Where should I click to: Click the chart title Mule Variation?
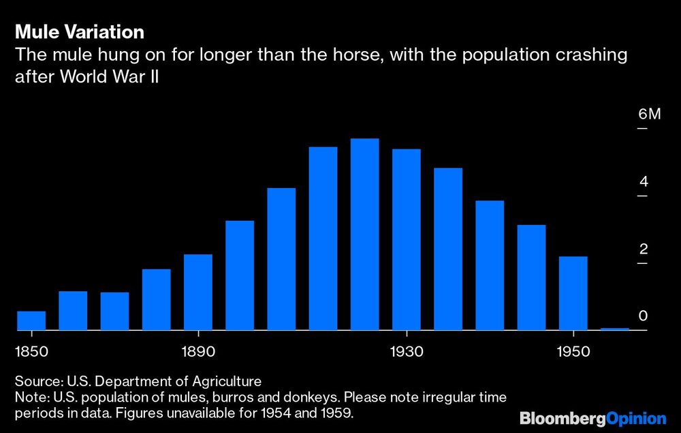(x=79, y=32)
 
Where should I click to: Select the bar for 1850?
(x=31, y=320)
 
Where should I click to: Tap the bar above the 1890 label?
(x=198, y=293)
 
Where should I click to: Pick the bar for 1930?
(x=406, y=239)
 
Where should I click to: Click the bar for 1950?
(x=573, y=293)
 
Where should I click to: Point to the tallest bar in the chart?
(x=364, y=235)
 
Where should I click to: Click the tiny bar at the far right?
(x=614, y=329)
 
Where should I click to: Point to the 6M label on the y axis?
(x=649, y=114)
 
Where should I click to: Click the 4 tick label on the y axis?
(x=644, y=182)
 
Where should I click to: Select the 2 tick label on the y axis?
(x=644, y=249)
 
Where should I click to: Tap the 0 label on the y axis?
(x=644, y=316)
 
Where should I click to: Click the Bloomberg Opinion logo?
(x=592, y=418)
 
